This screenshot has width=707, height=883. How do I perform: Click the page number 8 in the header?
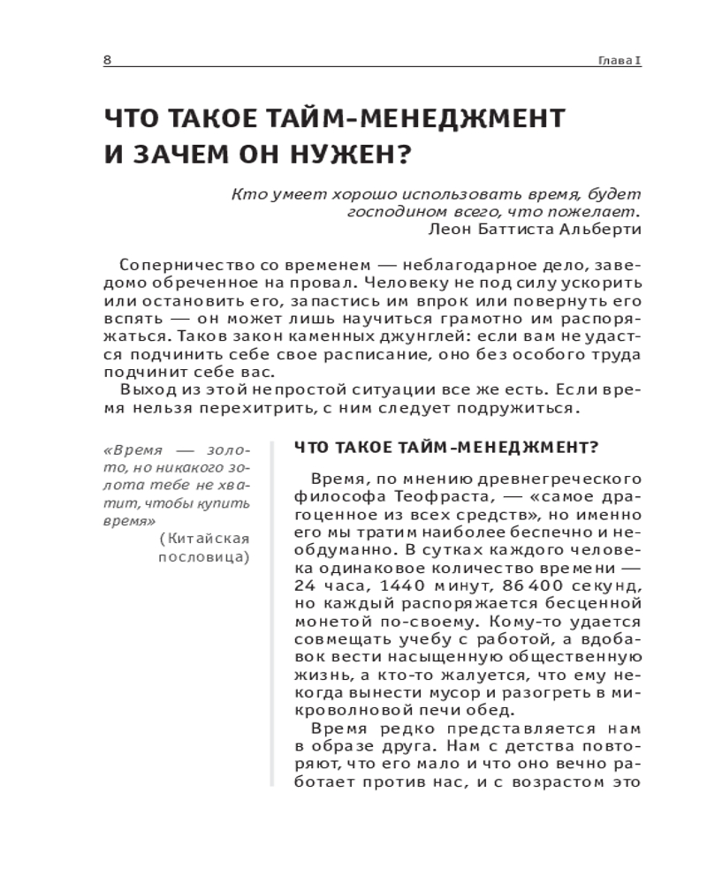[x=107, y=59]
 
